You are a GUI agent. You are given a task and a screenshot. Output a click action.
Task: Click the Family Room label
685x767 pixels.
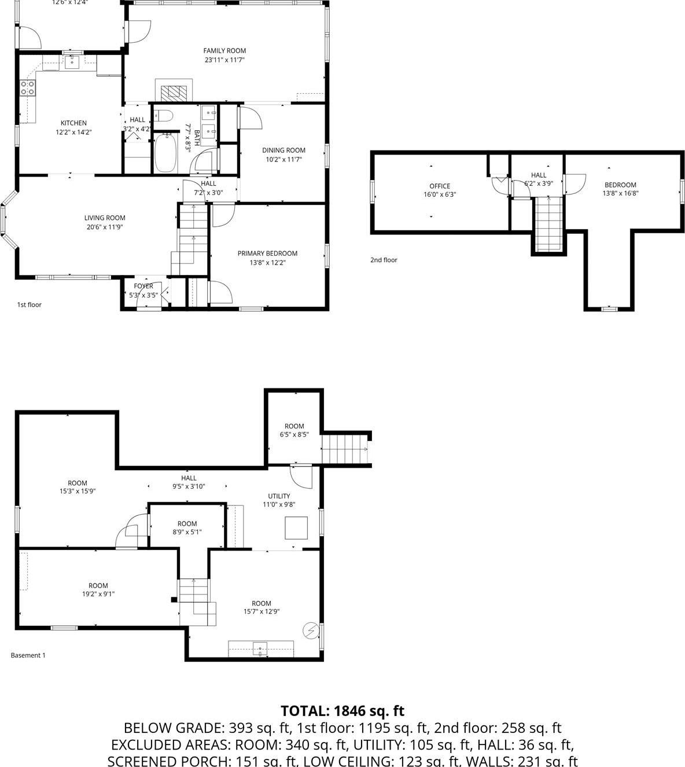[224, 51]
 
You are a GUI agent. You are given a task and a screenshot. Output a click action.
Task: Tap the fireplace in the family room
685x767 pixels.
[174, 91]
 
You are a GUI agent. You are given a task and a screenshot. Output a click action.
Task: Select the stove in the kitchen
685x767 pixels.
[28, 88]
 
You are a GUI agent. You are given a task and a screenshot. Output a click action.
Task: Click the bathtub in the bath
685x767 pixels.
[165, 152]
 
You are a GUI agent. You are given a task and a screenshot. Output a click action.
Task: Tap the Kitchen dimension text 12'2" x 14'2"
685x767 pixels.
[73, 132]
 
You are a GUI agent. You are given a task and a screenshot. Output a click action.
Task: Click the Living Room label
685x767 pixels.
[105, 218]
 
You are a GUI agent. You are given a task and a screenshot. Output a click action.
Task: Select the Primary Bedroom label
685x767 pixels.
[267, 254]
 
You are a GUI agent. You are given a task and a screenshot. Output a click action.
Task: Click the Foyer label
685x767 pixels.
[143, 286]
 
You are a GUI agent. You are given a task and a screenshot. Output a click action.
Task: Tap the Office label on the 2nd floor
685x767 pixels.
[440, 186]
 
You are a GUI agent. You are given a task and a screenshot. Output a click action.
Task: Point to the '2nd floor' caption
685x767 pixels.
[384, 260]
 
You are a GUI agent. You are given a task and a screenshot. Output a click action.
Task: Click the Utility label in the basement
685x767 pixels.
[279, 496]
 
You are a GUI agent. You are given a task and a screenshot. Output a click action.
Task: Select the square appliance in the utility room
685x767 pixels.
[296, 528]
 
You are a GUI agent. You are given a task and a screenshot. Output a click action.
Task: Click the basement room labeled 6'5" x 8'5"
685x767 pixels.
[294, 430]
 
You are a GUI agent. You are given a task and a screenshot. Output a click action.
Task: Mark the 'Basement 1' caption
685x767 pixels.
[28, 655]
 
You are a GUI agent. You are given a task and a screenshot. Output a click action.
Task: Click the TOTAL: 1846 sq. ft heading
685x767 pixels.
[342, 711]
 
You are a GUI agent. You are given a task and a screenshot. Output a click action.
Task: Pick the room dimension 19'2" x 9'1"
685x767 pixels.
[98, 594]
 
